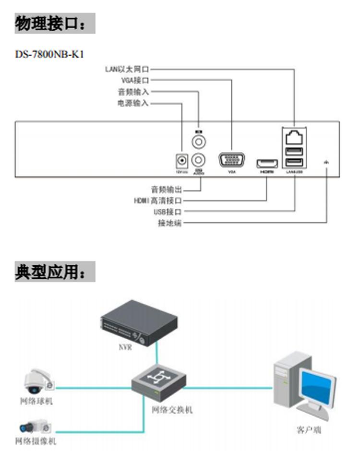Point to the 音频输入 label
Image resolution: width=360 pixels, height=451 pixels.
coord(133,92)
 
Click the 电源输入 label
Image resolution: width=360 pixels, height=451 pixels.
coord(133,103)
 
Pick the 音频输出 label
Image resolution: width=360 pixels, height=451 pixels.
coord(166,189)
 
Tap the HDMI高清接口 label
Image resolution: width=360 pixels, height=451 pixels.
coord(158,201)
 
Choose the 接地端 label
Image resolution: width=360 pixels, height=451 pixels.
coord(170,223)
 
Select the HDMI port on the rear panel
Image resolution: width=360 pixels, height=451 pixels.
coord(266,163)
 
